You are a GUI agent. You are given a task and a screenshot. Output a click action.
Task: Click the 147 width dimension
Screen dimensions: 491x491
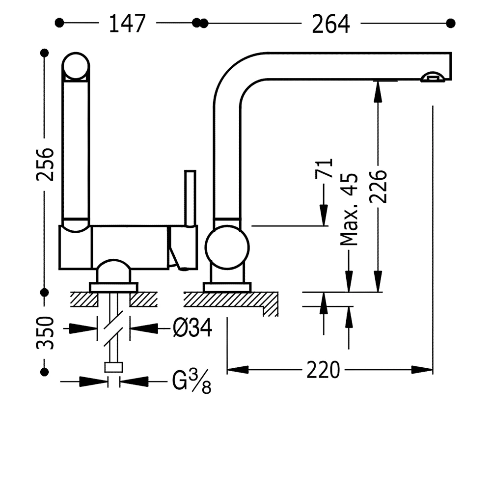(x=127, y=23)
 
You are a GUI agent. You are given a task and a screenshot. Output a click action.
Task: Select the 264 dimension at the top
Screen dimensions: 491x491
(x=330, y=23)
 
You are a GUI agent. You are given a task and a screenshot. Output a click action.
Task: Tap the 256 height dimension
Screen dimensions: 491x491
(x=45, y=164)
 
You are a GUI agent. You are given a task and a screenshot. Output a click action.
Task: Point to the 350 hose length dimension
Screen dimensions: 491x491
(x=45, y=332)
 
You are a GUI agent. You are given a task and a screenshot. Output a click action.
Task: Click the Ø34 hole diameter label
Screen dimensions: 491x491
(x=192, y=328)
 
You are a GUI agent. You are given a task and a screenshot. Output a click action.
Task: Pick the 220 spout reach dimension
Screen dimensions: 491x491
(x=323, y=370)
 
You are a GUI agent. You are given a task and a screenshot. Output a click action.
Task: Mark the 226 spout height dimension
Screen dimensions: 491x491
(x=379, y=186)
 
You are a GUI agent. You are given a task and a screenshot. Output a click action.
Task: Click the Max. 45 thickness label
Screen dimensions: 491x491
(x=350, y=210)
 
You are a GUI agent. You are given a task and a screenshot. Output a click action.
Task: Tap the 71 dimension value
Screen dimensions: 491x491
(x=324, y=168)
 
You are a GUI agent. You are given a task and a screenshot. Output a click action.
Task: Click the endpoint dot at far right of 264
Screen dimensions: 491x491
(x=451, y=23)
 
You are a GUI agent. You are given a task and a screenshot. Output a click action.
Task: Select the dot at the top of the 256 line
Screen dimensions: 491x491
(x=45, y=53)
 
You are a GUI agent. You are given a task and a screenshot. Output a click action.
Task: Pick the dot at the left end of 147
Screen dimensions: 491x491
(x=60, y=23)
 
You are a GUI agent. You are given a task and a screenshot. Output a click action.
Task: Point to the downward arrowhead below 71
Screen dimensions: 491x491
(x=324, y=216)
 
